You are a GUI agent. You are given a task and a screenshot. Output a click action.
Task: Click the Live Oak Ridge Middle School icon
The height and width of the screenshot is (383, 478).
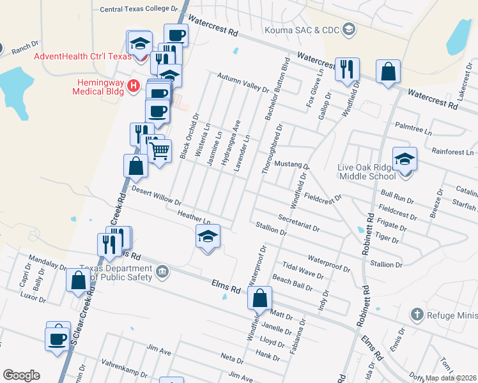(404, 158)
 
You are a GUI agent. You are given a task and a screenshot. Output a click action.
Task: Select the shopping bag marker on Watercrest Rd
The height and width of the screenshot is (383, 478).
(388, 71)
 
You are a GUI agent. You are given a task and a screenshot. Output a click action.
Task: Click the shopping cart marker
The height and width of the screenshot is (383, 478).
(160, 151)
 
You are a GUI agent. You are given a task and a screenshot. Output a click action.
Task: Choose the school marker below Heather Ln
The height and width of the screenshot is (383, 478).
(207, 236)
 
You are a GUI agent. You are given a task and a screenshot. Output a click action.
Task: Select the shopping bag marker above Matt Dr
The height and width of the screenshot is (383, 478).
(259, 297)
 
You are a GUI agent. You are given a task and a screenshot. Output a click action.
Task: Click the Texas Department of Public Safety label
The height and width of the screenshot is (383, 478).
(116, 273)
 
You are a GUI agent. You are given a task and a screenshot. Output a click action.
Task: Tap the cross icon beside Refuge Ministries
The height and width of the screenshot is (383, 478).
(417, 313)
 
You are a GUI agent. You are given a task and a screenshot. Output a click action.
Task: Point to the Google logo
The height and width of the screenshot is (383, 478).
(21, 375)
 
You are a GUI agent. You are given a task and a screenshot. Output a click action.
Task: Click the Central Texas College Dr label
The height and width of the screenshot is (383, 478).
(139, 10)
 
